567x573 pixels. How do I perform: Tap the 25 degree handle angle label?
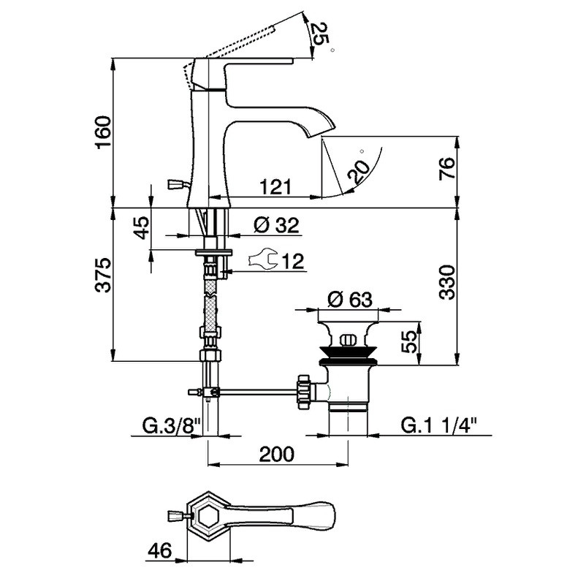click(x=317, y=35)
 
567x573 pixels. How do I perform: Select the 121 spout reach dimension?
click(x=276, y=187)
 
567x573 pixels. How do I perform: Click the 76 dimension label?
click(x=447, y=168)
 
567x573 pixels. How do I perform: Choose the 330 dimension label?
click(x=447, y=283)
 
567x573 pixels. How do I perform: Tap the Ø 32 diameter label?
click(x=276, y=225)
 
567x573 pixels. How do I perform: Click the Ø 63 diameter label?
click(x=349, y=300)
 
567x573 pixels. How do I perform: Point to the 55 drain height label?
click(x=409, y=342)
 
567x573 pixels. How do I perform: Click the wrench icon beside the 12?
click(x=263, y=260)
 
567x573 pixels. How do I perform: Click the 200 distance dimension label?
click(x=276, y=455)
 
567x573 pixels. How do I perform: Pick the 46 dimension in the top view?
click(x=160, y=551)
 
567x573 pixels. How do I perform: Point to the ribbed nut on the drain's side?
click(x=303, y=392)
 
